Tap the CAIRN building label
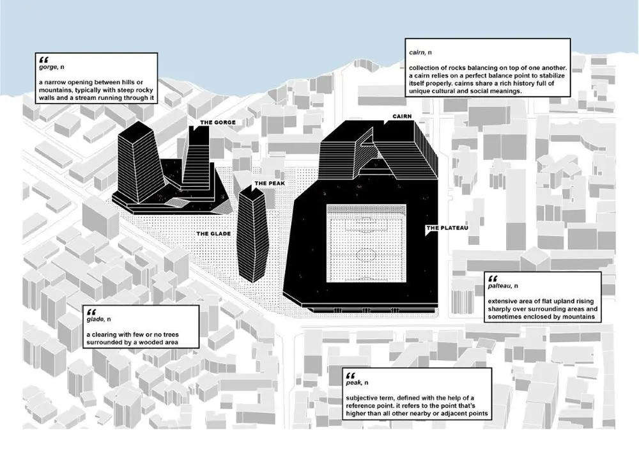(397, 117)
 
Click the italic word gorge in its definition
(48, 66)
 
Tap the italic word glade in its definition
(96, 318)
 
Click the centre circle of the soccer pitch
(366, 253)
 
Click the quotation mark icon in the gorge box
(43, 58)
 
